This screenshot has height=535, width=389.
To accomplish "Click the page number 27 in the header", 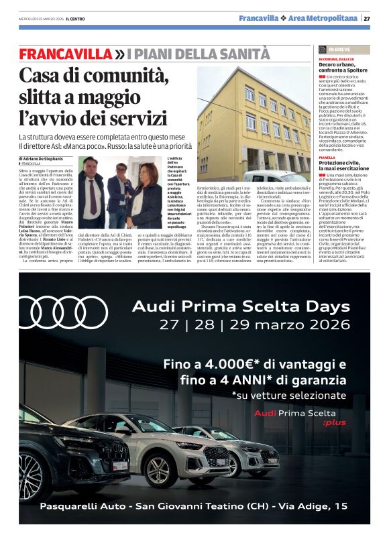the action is (x=367, y=18).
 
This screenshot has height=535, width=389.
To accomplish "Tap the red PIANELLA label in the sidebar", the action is (x=327, y=158).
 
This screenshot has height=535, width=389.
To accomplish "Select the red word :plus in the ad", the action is (x=333, y=422).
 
